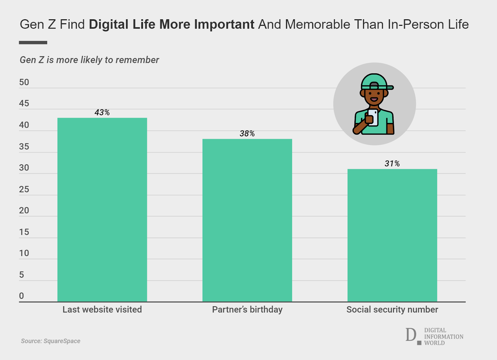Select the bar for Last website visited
click(102, 210)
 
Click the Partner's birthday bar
click(247, 220)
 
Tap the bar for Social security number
click(392, 235)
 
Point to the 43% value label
click(102, 112)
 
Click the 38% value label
click(247, 134)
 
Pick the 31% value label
click(392, 164)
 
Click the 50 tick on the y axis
click(24, 82)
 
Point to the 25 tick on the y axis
click(24, 189)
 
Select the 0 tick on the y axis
click(21, 296)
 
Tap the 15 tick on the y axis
click(24, 232)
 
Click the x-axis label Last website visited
click(102, 310)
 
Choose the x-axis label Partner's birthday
click(247, 310)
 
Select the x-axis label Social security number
click(392, 310)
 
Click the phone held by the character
click(373, 117)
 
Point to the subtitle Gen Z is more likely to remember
click(89, 60)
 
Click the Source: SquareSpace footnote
click(51, 341)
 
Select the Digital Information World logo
click(434, 336)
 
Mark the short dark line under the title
click(33, 43)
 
